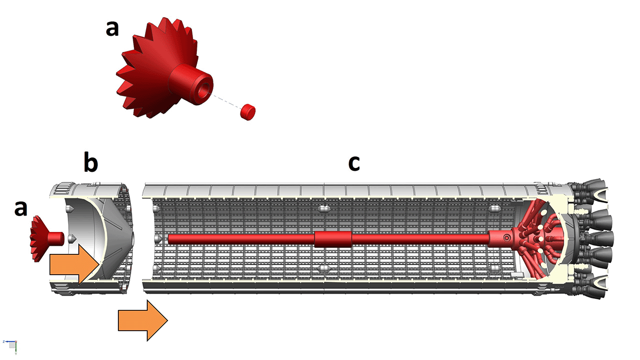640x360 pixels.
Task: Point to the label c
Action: click(354, 164)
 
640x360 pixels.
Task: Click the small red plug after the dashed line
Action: click(247, 111)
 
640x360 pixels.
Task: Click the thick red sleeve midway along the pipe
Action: click(333, 239)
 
